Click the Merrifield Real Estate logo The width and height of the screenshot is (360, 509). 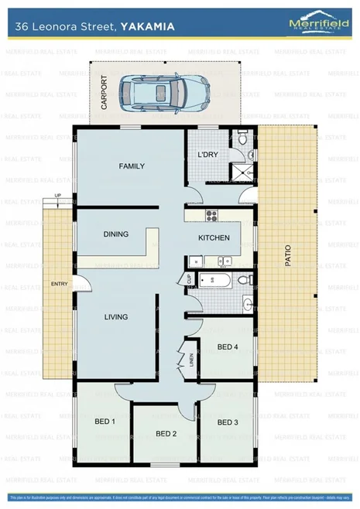pyautogui.click(x=318, y=23)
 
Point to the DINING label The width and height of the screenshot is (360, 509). pyautogui.click(x=115, y=234)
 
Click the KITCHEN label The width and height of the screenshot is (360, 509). pyautogui.click(x=214, y=238)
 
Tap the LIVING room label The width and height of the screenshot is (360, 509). pyautogui.click(x=116, y=316)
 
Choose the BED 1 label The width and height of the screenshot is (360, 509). pyautogui.click(x=105, y=422)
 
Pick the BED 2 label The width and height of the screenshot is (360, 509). pyautogui.click(x=166, y=434)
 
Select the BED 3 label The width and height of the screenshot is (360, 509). pyautogui.click(x=227, y=422)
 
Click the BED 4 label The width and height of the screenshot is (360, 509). pyautogui.click(x=227, y=347)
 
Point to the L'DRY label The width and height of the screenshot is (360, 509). pyautogui.click(x=207, y=155)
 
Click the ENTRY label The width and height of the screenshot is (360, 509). pyautogui.click(x=60, y=285)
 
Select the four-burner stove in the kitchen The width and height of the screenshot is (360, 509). pyautogui.click(x=207, y=214)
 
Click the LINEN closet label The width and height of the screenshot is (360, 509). pyautogui.click(x=191, y=361)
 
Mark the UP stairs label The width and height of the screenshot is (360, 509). pyautogui.click(x=57, y=196)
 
